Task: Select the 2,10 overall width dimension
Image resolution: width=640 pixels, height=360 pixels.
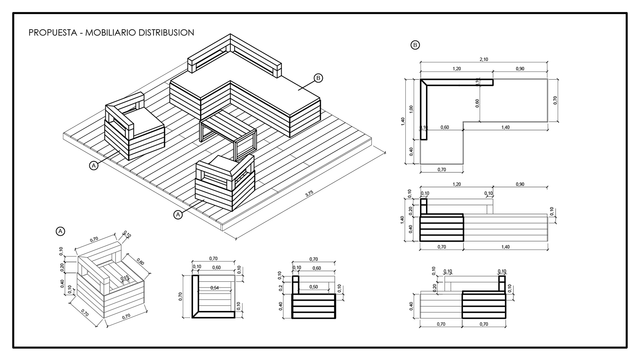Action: point(483,59)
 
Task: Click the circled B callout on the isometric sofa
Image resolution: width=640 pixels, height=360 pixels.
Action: point(318,78)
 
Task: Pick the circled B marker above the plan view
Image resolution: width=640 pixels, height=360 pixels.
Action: point(415,45)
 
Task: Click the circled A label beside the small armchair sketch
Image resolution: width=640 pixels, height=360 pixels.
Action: point(60,231)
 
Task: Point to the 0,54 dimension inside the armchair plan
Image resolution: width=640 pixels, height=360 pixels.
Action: point(215,288)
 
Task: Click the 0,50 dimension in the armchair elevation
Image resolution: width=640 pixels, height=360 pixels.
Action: point(313,287)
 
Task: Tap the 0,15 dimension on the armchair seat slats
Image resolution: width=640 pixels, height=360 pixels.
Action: point(125,278)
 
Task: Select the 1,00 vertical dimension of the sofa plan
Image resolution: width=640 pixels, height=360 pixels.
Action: point(411,109)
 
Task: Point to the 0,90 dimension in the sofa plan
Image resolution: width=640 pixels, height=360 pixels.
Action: point(520,69)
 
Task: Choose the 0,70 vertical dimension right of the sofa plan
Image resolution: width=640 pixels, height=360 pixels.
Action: point(555,100)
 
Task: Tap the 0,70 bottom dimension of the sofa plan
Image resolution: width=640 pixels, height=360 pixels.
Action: point(441,169)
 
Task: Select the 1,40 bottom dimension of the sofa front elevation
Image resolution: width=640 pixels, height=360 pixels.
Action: point(505,247)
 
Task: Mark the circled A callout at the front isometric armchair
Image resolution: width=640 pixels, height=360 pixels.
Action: point(178,215)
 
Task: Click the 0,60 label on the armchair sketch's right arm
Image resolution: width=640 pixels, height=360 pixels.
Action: point(140,262)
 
